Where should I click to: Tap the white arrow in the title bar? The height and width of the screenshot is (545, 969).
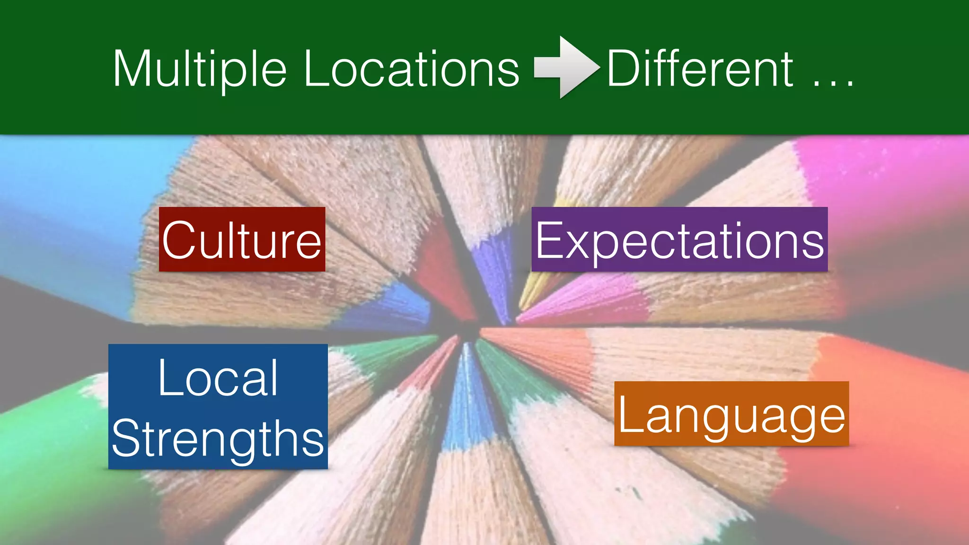pos(565,68)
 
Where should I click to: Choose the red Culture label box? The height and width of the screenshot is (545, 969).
pos(242,239)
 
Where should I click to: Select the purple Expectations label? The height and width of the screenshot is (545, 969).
pos(679,239)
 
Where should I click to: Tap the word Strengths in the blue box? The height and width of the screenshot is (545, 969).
pos(218,439)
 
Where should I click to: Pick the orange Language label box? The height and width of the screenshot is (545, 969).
pos(731,413)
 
